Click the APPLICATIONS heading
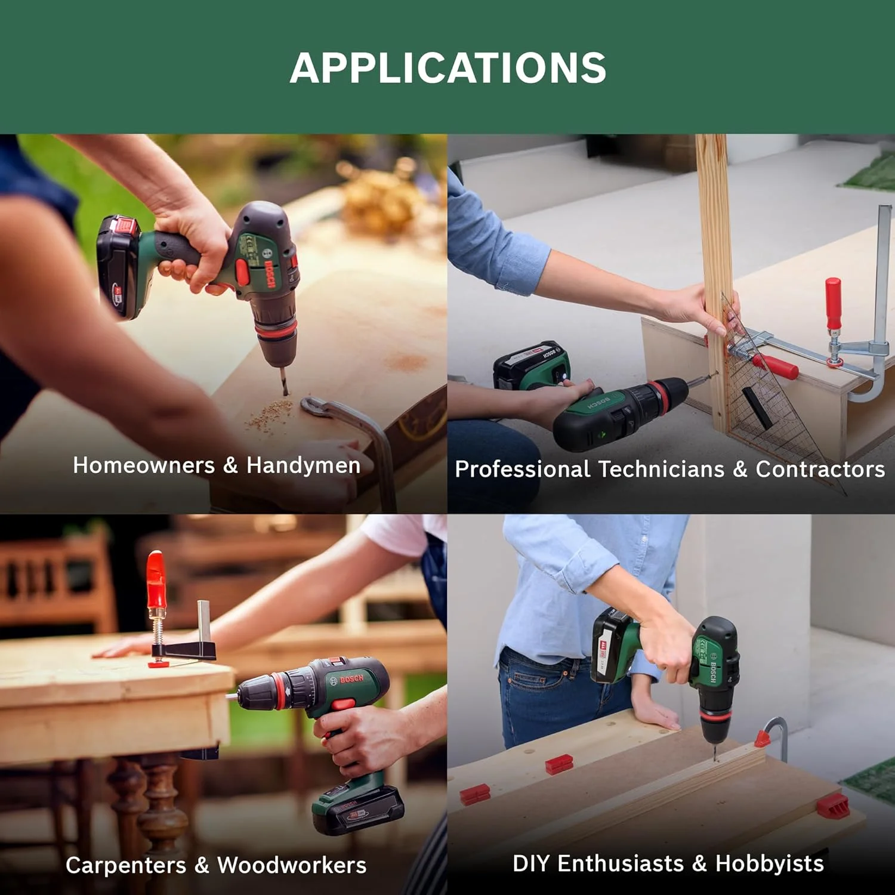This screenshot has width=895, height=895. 448,67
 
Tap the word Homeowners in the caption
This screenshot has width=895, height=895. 144,465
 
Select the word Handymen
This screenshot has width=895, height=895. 304,465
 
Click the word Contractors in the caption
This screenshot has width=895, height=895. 820,469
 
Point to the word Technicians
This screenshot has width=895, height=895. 661,469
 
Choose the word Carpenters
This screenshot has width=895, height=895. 126,865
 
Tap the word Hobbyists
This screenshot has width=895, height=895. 770,863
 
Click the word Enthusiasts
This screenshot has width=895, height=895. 621,863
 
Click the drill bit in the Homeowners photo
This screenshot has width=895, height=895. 283,381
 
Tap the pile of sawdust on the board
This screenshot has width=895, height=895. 270,413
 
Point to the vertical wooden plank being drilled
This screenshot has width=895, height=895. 715,280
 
